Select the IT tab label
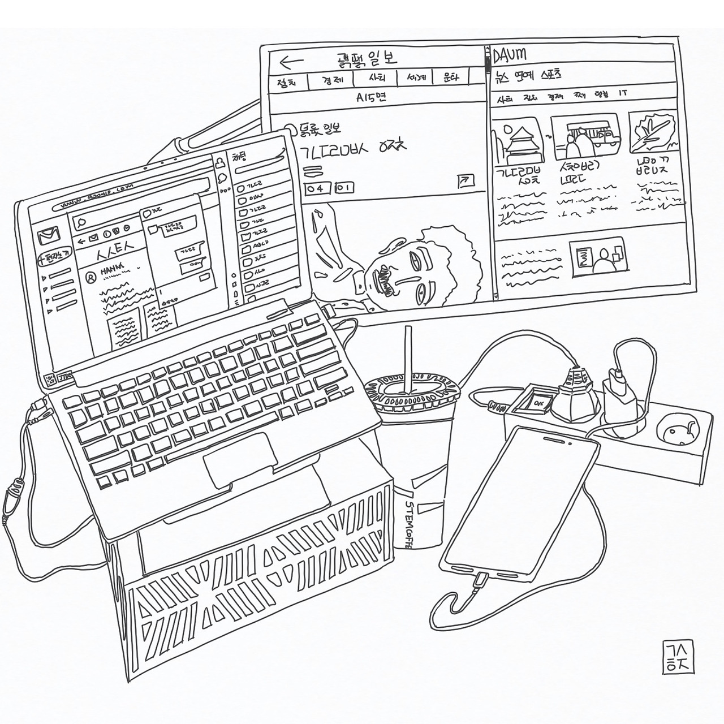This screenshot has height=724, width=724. [x=623, y=92]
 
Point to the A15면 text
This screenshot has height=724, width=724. [x=370, y=97]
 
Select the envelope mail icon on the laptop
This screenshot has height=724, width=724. [x=49, y=235]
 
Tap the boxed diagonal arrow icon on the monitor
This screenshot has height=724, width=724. [x=466, y=180]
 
